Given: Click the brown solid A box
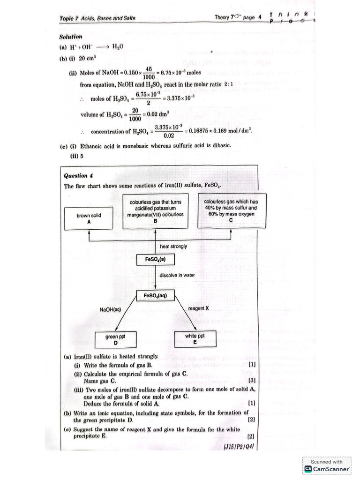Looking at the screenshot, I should click(x=89, y=219).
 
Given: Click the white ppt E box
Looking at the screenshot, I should click(x=195, y=338).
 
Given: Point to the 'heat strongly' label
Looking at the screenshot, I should click(x=173, y=246).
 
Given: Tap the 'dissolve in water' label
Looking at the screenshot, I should click(x=177, y=275).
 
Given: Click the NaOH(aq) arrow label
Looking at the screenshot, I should click(x=110, y=309).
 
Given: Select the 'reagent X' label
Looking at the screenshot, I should click(x=198, y=308).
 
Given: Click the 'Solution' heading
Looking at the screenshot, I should click(x=71, y=37).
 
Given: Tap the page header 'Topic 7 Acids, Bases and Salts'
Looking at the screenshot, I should click(x=97, y=18).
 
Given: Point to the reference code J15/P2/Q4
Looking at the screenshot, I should click(x=239, y=446).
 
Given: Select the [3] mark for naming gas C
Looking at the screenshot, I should click(x=252, y=380).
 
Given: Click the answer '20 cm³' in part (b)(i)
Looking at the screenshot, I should click(x=87, y=59).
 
